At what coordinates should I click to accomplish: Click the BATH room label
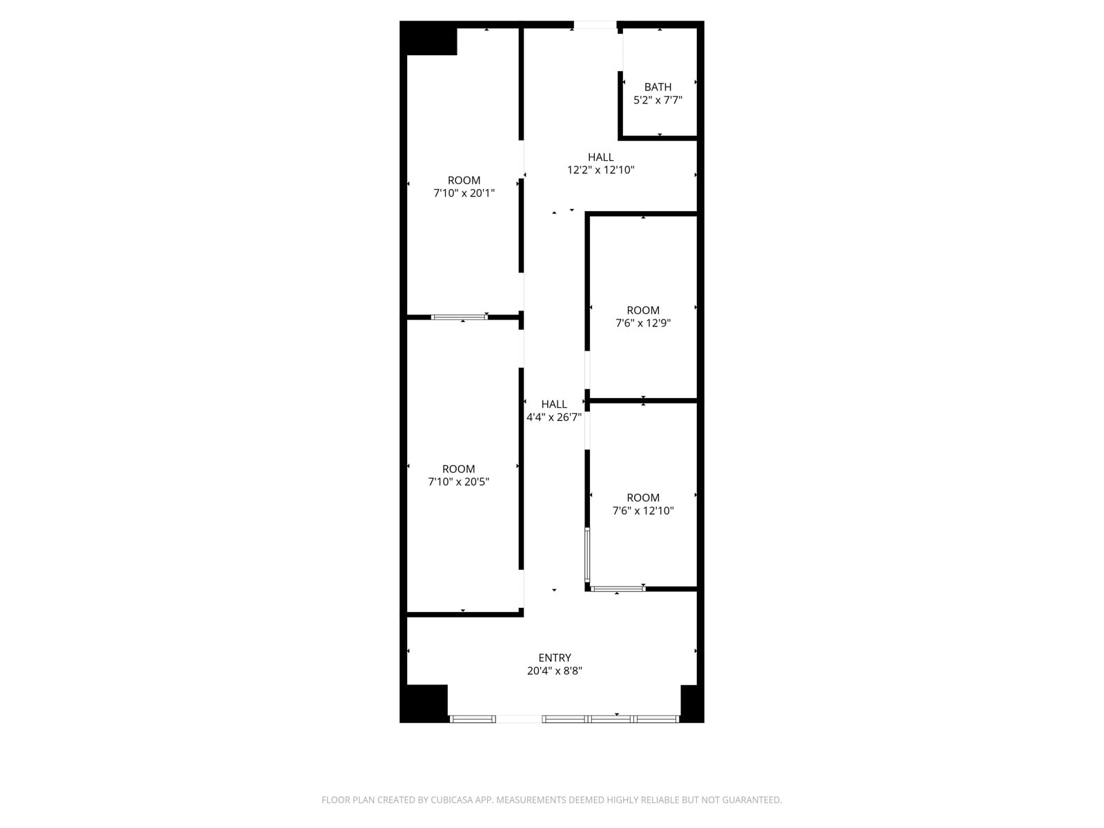(658, 87)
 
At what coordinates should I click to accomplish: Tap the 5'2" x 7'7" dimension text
(658, 100)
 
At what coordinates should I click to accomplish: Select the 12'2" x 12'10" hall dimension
(600, 170)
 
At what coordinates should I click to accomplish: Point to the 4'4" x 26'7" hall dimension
(554, 417)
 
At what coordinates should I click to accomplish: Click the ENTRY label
(554, 658)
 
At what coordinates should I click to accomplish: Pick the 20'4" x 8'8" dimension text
(554, 671)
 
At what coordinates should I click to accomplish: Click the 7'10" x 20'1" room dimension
(464, 193)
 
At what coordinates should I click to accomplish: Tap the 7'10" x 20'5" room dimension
(458, 482)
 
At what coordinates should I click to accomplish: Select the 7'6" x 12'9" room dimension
(643, 323)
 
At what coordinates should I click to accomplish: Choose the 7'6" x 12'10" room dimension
(643, 511)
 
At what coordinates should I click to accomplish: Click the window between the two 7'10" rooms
(460, 317)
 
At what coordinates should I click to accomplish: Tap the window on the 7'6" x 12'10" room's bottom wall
(618, 588)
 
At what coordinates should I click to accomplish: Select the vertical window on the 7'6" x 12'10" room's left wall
(587, 555)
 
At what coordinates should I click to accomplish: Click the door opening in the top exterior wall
(595, 25)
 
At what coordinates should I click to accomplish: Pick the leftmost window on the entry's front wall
(472, 719)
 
